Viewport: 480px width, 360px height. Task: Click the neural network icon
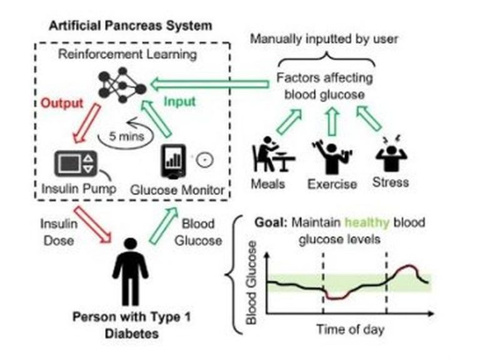point(122,85)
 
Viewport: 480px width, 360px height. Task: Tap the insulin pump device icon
point(76,164)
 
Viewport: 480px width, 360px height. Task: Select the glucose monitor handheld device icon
point(174,161)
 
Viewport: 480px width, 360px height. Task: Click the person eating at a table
point(273,154)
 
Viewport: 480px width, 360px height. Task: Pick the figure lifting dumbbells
point(332,156)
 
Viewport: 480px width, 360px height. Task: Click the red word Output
point(62,103)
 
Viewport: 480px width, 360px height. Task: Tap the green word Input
point(180,102)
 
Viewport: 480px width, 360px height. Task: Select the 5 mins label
point(126,136)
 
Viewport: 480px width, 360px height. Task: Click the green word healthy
point(367,222)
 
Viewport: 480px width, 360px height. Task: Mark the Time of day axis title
point(350,329)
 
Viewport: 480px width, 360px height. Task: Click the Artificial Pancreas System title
point(131,26)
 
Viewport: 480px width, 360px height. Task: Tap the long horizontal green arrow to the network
point(210,84)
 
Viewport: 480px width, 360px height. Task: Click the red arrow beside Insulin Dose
point(92,225)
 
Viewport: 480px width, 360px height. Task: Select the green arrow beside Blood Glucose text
point(164,225)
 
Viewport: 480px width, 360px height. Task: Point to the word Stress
point(391,182)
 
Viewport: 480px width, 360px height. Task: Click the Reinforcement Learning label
point(127,54)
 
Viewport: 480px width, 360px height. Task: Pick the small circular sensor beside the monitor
point(204,160)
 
